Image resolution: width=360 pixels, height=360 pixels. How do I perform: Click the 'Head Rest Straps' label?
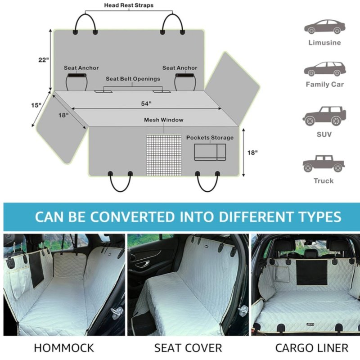(x=129, y=5)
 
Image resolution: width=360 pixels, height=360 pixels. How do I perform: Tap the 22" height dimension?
(x=43, y=60)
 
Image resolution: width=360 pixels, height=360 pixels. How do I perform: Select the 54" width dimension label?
(x=146, y=103)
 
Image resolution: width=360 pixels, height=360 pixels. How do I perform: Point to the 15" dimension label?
(x=36, y=105)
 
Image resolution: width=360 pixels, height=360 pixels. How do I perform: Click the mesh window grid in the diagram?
(x=164, y=155)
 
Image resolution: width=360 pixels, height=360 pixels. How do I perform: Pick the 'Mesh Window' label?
(x=164, y=120)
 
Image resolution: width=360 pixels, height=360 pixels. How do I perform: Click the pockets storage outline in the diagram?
(x=210, y=152)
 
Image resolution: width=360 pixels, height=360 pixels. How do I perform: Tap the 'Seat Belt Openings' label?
(x=133, y=79)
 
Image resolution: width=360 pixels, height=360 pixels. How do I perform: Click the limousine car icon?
(x=324, y=27)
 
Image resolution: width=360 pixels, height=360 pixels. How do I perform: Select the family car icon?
(x=324, y=69)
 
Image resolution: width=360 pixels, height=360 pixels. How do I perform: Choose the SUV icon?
(x=324, y=116)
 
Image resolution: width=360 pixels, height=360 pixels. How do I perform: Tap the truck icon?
(x=324, y=163)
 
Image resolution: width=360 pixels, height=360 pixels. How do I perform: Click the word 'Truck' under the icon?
(x=324, y=181)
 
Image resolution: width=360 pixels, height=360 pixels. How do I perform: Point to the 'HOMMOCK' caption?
(x=64, y=348)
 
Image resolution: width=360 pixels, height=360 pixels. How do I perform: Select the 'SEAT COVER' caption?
(x=188, y=348)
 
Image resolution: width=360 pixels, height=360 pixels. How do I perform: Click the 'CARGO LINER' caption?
(x=311, y=348)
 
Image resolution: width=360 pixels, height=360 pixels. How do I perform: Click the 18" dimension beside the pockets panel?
(x=252, y=153)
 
